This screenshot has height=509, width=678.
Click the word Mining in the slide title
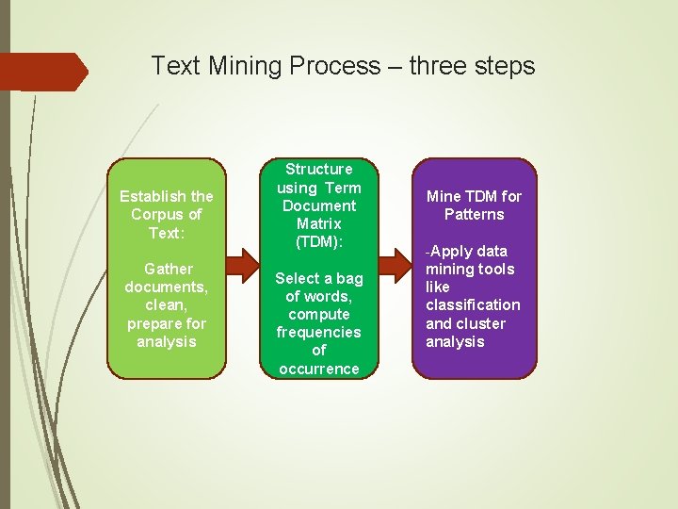click(x=246, y=67)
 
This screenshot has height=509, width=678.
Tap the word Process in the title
click(x=337, y=67)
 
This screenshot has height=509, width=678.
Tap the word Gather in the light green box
click(x=167, y=269)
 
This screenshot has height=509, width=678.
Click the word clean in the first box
click(x=164, y=304)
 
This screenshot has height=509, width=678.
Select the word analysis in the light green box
click(x=167, y=341)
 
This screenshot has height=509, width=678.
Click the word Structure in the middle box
click(x=319, y=169)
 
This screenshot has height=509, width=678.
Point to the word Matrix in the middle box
click(x=319, y=223)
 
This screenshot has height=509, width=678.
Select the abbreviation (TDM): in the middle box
click(x=319, y=241)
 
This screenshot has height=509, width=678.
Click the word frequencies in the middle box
click(x=319, y=332)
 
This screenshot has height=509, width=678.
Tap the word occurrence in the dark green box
click(x=319, y=369)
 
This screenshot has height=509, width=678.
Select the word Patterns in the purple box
click(x=474, y=214)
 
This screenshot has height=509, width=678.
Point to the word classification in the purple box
click(x=473, y=304)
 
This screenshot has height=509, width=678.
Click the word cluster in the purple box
click(x=481, y=323)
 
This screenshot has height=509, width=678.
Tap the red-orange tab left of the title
click(x=42, y=72)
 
